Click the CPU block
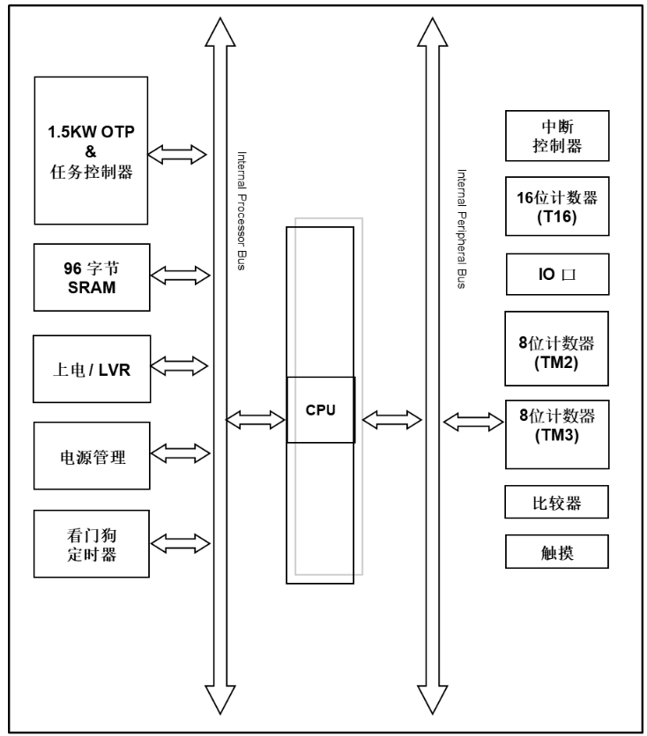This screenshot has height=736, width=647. point(321,409)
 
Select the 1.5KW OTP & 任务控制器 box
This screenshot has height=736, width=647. point(90,151)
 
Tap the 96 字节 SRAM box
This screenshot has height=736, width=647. point(90,276)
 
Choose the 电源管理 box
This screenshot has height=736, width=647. point(90,456)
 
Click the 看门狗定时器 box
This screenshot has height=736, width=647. point(90,544)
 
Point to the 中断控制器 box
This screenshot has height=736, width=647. point(557,136)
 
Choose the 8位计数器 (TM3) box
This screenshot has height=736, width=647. point(557,435)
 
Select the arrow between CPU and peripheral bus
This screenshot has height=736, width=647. point(389,420)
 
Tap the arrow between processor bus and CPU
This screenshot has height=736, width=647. point(256,420)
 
